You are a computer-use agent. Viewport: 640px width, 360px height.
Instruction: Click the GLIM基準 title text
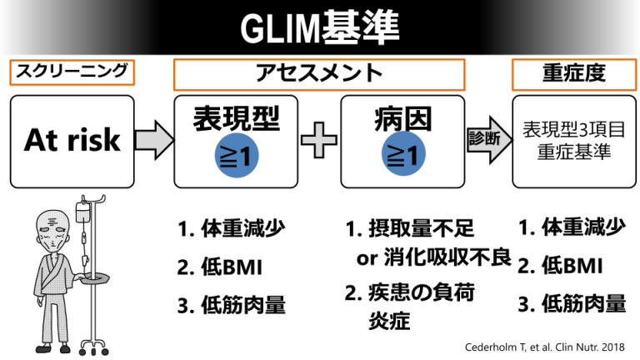(x=320, y=28)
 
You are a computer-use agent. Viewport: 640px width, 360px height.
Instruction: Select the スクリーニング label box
(x=72, y=72)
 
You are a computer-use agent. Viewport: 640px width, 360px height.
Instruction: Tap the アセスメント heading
(x=318, y=74)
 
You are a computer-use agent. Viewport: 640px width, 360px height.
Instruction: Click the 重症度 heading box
(x=570, y=74)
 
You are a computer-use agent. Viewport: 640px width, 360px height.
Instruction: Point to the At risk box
(x=72, y=140)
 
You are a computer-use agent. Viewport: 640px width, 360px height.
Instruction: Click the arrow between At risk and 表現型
(x=153, y=140)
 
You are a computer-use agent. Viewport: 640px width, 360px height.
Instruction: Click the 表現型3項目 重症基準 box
(x=570, y=140)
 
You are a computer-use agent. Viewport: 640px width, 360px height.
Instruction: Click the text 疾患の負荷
(x=421, y=292)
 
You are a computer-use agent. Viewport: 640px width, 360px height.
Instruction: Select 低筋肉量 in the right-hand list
(x=583, y=304)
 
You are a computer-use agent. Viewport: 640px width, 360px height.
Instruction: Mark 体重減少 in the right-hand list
(x=583, y=227)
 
